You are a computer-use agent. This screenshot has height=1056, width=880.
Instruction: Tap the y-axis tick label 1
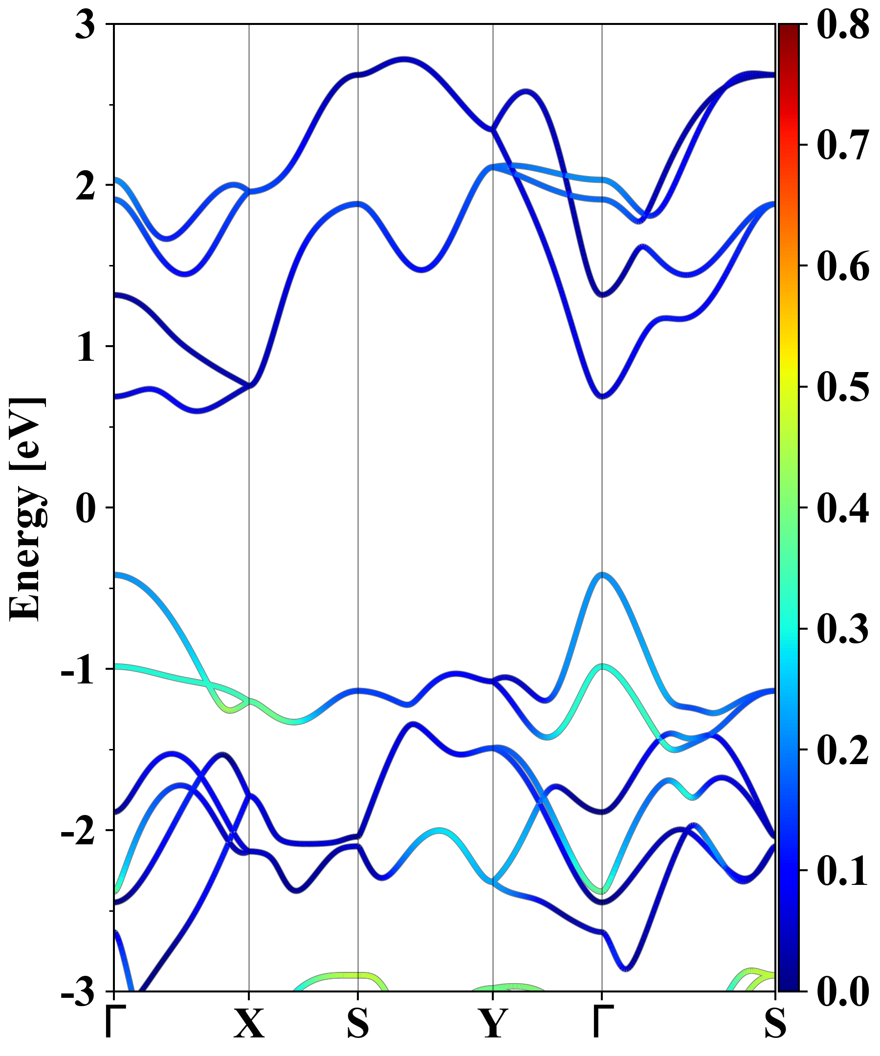[x=86, y=347]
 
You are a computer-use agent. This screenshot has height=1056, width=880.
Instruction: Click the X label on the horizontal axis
[x=249, y=1023]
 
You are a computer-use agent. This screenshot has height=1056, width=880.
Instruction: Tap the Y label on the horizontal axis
[x=492, y=1023]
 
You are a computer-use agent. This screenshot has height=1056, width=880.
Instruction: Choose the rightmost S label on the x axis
[x=775, y=1023]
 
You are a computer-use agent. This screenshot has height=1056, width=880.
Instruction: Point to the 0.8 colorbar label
[x=842, y=25]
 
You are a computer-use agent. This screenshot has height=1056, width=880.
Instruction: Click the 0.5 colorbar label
[x=842, y=387]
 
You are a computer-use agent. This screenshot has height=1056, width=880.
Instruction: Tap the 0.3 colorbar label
[x=842, y=629]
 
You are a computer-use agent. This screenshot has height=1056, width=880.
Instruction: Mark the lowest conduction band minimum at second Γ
[x=602, y=396]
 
